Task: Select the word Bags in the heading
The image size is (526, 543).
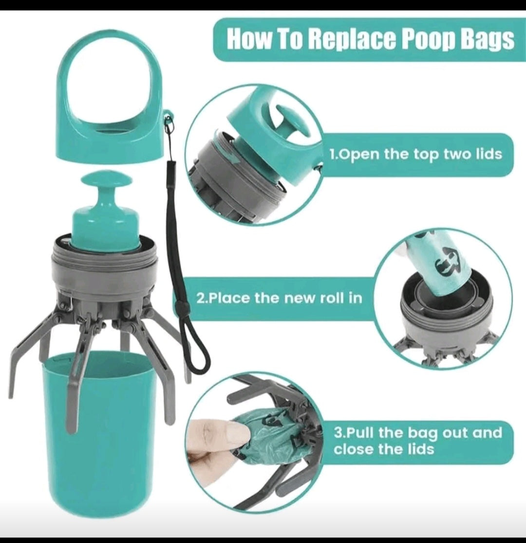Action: point(492,40)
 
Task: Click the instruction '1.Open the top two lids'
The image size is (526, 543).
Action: point(416,154)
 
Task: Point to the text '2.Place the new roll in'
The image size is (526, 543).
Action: point(280,298)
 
